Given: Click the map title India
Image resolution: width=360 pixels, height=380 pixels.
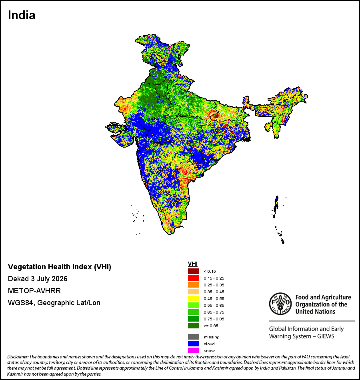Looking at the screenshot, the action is tap(22, 15).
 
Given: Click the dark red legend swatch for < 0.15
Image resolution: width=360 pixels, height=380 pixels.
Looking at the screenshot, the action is tap(194, 271).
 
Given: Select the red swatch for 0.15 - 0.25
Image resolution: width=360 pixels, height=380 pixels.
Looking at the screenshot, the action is tap(194, 278).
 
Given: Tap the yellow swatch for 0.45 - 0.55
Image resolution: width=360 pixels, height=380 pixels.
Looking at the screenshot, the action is tap(194, 298).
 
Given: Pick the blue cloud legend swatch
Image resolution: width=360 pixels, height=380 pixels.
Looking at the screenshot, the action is tap(194, 344).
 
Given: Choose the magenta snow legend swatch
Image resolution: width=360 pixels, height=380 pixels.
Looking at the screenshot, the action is tap(194, 350).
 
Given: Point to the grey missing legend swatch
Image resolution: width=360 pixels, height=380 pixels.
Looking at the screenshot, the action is tap(194, 337).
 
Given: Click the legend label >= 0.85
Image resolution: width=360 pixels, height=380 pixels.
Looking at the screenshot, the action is tap(211, 326).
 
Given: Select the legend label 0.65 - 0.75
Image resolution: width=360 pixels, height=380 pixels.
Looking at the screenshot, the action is tap(214, 312).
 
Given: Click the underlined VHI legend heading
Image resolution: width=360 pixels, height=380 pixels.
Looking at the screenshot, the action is tap(193, 264).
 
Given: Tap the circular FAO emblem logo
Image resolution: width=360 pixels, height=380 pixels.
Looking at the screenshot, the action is tap(280, 304).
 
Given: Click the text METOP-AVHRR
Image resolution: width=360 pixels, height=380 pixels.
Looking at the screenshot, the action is tap(34, 290).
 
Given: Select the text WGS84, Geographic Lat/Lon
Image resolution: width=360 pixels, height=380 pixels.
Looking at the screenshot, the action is tap(54, 303).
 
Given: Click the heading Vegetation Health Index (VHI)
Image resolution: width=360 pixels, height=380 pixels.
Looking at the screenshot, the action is tap(60, 267).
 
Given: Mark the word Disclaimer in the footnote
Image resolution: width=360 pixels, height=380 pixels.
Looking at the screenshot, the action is tap(18, 357).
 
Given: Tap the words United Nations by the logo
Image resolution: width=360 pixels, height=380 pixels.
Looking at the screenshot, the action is tap(315, 312).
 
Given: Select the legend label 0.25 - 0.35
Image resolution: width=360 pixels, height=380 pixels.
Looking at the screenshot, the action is tap(214, 285).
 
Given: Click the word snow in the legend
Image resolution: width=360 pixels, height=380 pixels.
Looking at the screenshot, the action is tap(209, 351).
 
